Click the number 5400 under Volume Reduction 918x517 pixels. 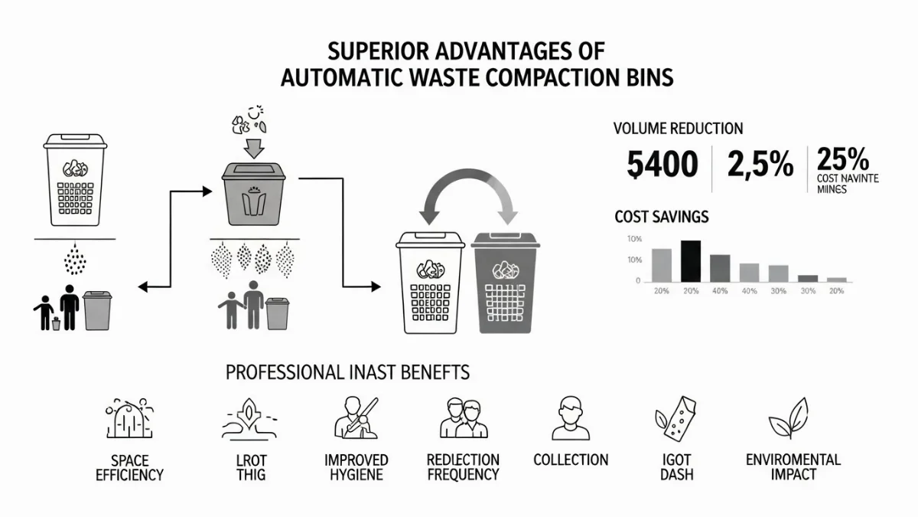pos(662,165)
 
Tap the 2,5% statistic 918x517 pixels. pos(760,165)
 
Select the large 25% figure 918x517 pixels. pos(842,160)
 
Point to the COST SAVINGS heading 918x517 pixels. pos(661,218)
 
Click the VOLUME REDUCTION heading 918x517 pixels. pos(678,129)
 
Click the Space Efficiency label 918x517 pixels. pos(129,467)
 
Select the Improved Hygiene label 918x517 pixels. pos(356,467)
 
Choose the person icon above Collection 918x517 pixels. pos(570,418)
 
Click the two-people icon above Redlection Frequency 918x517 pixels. pos(463,418)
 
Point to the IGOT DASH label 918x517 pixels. pos(677,467)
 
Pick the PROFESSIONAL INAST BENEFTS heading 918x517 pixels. pos(347,373)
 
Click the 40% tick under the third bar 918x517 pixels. pos(720,291)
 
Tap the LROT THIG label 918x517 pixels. pos(250,467)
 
